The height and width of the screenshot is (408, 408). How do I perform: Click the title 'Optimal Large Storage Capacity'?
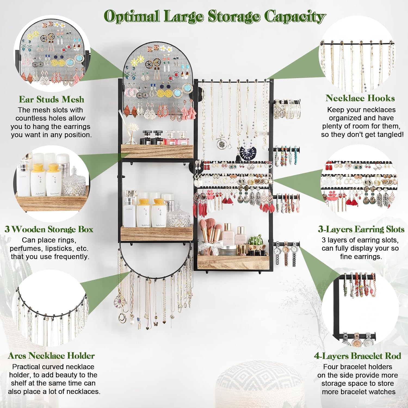[x=215, y=16]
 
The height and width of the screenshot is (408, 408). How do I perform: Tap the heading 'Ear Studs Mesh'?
[x=51, y=100]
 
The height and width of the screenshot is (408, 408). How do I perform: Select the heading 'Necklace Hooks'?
[x=360, y=98]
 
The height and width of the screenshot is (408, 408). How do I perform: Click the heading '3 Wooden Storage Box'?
[x=49, y=229]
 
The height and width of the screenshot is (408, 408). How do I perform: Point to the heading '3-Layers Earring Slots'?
[x=361, y=229]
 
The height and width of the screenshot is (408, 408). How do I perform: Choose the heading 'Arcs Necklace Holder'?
[x=51, y=356]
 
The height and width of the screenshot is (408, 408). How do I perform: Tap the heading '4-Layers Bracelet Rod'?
[x=357, y=356]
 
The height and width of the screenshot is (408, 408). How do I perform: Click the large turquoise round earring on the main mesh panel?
[x=187, y=88]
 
